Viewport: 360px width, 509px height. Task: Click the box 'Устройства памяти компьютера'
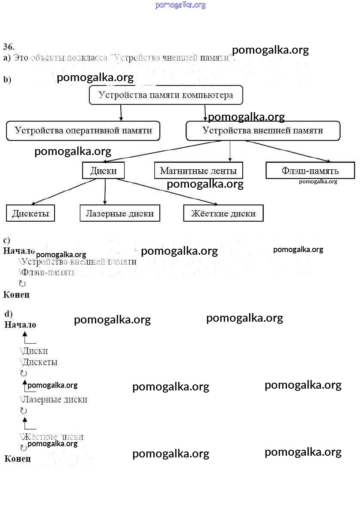pyautogui.click(x=165, y=95)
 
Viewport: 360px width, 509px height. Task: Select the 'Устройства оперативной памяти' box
pyautogui.click(x=83, y=131)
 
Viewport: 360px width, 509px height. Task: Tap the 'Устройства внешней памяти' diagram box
pyautogui.click(x=262, y=131)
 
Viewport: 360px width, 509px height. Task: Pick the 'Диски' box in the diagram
pyautogui.click(x=103, y=171)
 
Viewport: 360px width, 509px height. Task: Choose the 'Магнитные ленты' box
pyautogui.click(x=198, y=171)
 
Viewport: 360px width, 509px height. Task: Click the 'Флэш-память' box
pyautogui.click(x=310, y=171)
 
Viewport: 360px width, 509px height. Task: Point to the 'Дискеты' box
pyautogui.click(x=31, y=213)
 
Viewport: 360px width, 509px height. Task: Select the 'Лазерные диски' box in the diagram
pyautogui.click(x=119, y=213)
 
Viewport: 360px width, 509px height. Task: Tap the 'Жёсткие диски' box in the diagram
pyautogui.click(x=223, y=213)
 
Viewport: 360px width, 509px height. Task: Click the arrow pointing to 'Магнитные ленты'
pyautogui.click(x=230, y=151)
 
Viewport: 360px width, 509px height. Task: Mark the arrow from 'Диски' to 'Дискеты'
pyautogui.click(x=64, y=191)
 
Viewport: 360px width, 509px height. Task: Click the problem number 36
pyautogui.click(x=9, y=46)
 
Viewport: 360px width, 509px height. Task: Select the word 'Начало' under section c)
pyautogui.click(x=19, y=251)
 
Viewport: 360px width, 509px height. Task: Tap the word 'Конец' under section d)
pyautogui.click(x=18, y=459)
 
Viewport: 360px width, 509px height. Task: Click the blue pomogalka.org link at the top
pyautogui.click(x=180, y=5)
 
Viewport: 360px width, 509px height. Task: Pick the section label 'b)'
pyautogui.click(x=7, y=79)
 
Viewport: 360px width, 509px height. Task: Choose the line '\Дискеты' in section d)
pyautogui.click(x=39, y=362)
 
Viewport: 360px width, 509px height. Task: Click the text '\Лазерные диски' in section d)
pyautogui.click(x=54, y=399)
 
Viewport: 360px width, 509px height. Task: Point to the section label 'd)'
pyautogui.click(x=9, y=314)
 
